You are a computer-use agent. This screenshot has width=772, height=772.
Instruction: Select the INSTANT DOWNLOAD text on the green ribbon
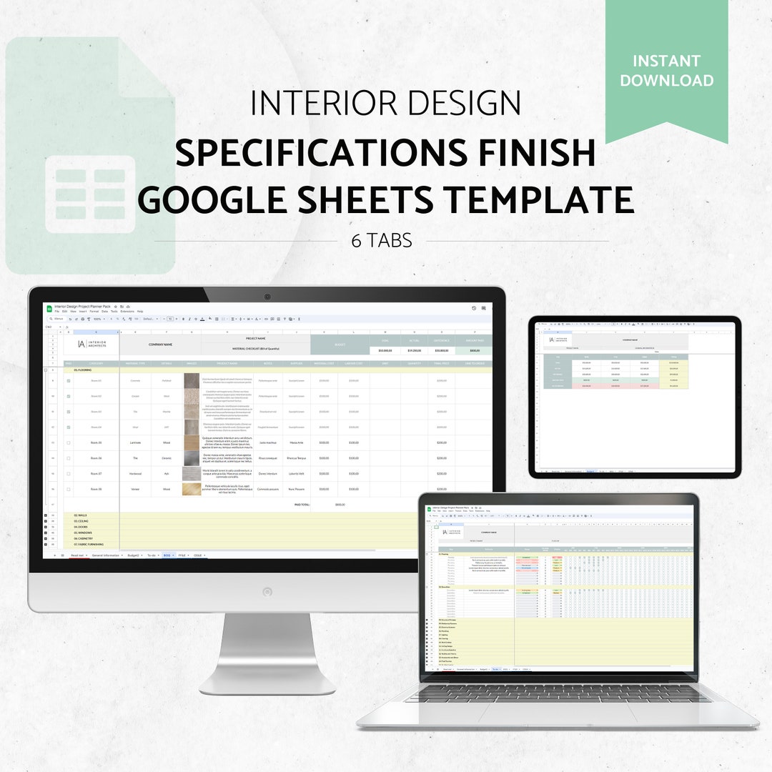(666, 70)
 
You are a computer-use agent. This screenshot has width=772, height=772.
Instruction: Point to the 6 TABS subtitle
(382, 241)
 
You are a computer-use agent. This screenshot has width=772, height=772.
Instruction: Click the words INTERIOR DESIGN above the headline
(385, 104)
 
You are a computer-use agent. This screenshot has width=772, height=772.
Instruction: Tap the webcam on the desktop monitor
(267, 296)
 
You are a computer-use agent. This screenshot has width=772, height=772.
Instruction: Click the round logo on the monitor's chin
(267, 592)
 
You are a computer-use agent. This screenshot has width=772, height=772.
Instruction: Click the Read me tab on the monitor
(78, 555)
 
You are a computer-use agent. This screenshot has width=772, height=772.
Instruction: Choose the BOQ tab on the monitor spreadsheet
(167, 555)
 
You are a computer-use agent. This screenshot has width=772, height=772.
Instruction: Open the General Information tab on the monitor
(105, 555)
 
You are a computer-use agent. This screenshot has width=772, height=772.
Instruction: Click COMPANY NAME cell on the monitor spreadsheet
(160, 345)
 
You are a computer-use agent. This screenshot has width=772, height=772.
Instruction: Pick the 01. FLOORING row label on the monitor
(83, 371)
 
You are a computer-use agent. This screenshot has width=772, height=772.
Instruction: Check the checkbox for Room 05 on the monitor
(69, 443)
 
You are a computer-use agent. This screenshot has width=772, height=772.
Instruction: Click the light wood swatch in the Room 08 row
(192, 490)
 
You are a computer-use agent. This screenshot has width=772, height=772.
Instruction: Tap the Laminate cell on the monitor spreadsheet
(135, 443)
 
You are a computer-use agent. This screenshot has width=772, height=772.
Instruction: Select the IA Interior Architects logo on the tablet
(557, 340)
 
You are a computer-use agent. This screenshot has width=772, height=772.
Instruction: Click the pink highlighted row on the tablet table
(615, 386)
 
